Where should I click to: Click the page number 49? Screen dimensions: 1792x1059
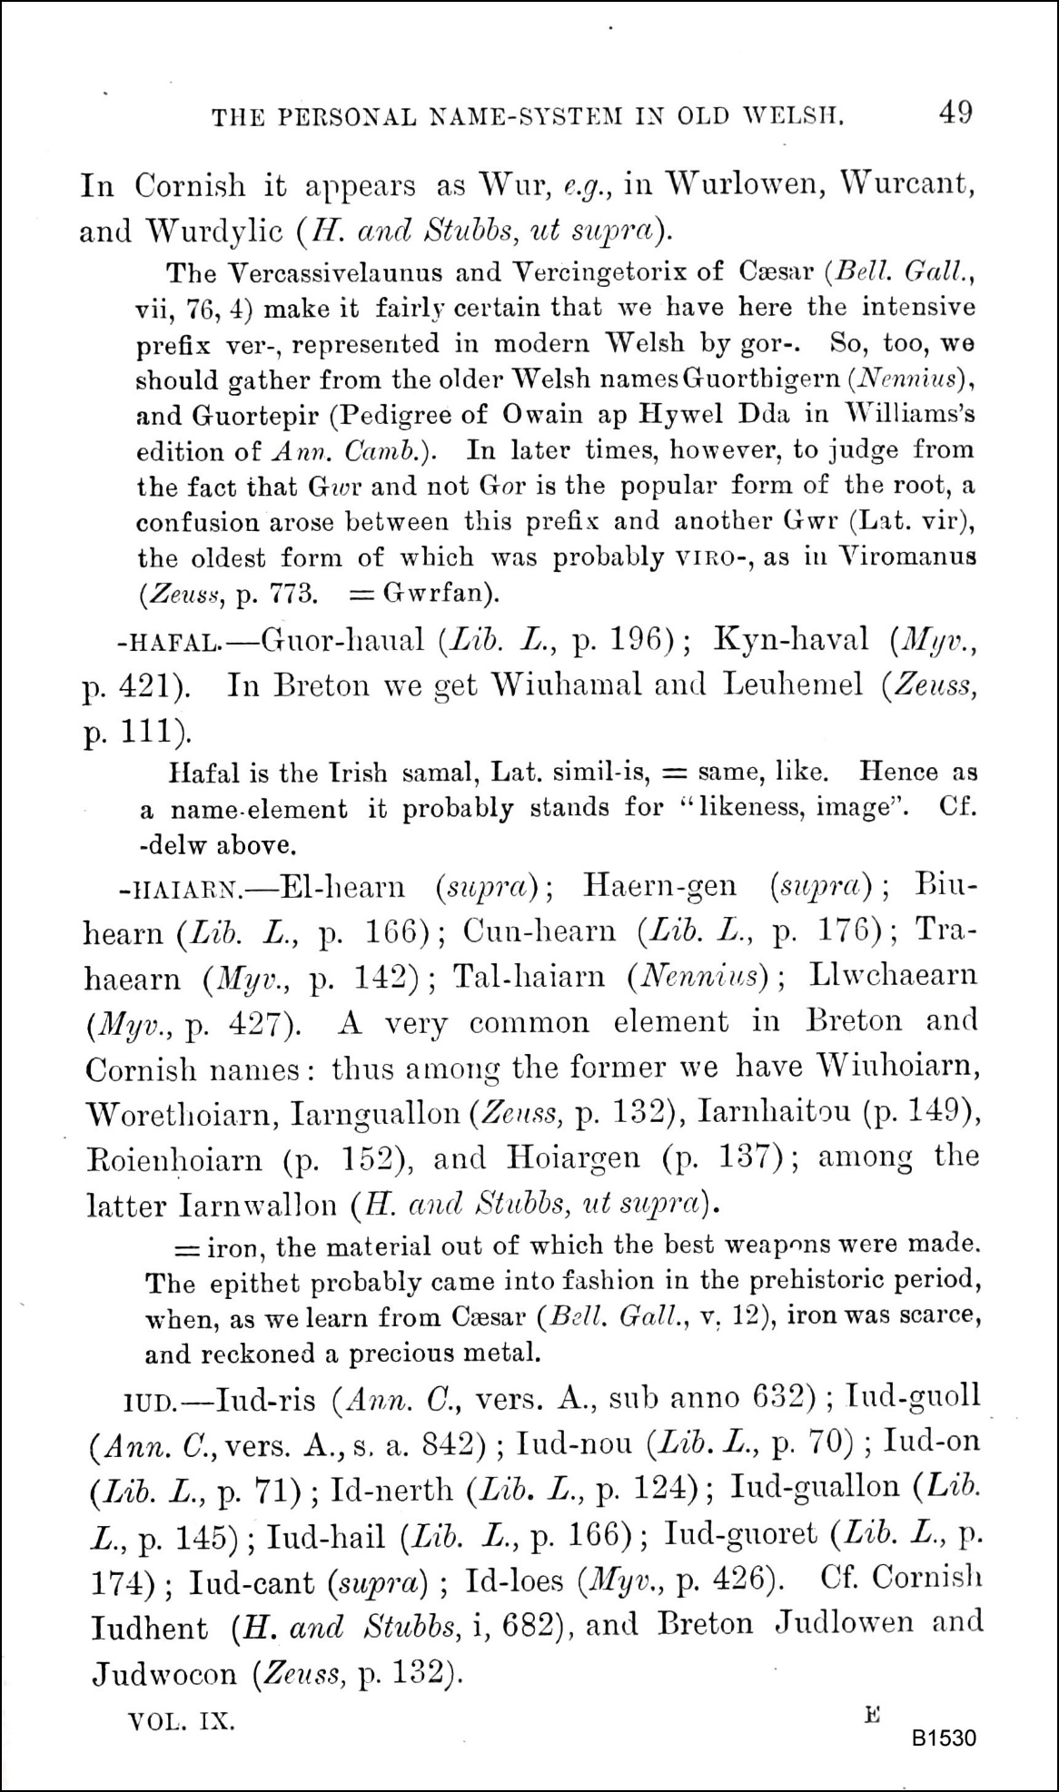956,113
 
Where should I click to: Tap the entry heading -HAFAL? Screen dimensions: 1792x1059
168,643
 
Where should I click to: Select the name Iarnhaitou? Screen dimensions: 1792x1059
771,1113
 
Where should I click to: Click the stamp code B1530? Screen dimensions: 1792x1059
945,1738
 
